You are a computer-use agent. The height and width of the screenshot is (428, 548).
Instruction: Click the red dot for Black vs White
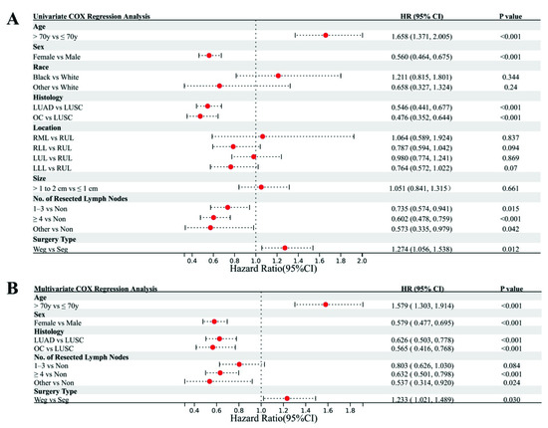click(279, 75)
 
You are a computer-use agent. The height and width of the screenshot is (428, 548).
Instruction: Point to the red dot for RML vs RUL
click(262, 136)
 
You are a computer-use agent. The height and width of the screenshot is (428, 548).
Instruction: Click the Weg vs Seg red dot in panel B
click(287, 398)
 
